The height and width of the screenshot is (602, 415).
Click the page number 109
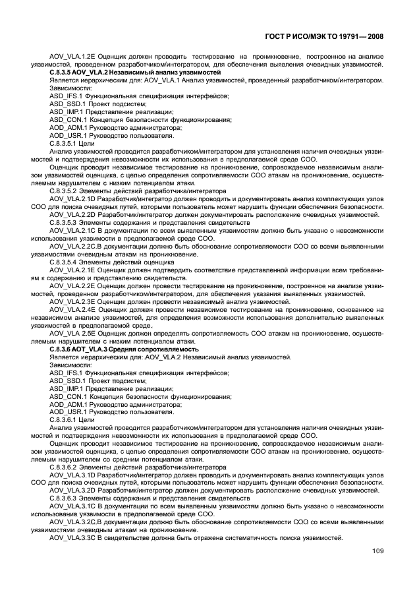pos(378,552)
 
